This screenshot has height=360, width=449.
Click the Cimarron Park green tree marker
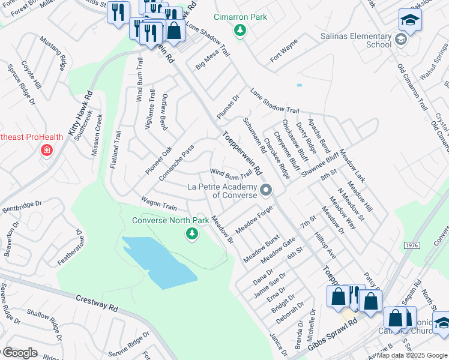point(240,31)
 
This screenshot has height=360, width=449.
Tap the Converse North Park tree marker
point(191,233)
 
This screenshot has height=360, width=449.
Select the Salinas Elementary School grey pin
point(401,40)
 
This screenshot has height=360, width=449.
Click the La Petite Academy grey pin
point(267,190)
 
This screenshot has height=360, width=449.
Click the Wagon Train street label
point(158,203)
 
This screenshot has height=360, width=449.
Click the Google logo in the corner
point(19,353)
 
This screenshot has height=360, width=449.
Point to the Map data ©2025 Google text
point(412,355)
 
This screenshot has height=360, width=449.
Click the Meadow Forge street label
point(254,220)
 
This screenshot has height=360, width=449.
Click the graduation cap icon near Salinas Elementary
point(410,20)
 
